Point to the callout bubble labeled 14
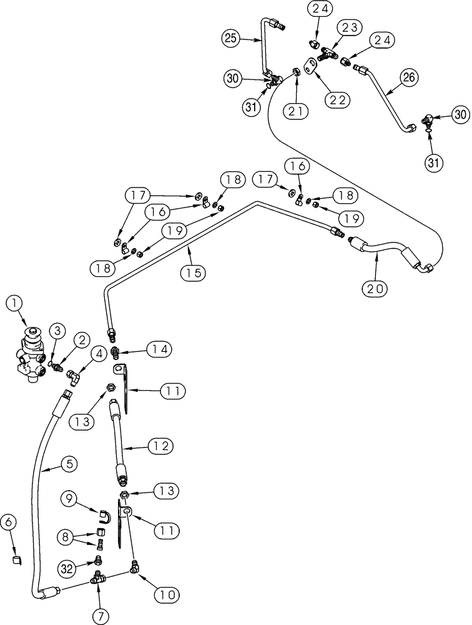point(157,348)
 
